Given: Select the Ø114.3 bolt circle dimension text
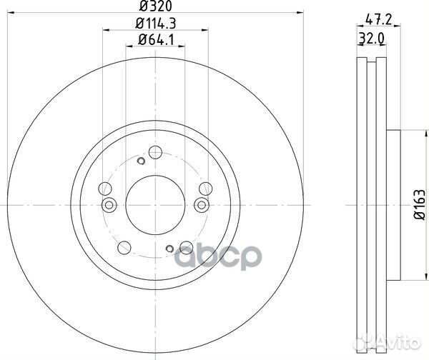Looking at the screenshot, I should pyautogui.click(x=153, y=24).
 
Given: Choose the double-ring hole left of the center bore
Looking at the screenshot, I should pyautogui.click(x=110, y=206).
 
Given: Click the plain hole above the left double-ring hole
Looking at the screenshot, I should pyautogui.click(x=104, y=189).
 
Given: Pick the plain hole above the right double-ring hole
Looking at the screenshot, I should pyautogui.click(x=205, y=189).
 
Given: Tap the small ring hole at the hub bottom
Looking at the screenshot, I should pyautogui.click(x=169, y=249).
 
